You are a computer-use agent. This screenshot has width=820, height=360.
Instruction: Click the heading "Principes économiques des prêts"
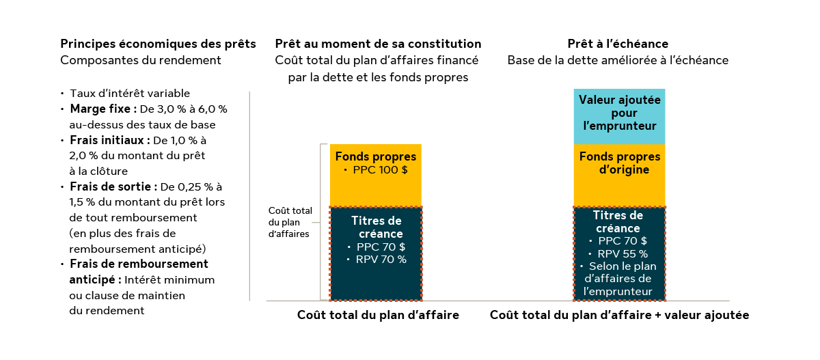coord(159,44)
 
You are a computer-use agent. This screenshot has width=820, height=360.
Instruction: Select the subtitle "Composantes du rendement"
coord(141,60)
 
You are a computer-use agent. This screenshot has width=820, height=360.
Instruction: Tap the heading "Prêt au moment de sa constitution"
coord(378,44)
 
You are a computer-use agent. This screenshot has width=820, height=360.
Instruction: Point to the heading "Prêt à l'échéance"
coord(618,44)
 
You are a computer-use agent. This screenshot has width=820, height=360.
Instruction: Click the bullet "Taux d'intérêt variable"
coord(130,94)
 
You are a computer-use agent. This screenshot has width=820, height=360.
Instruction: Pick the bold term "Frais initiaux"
coord(109,140)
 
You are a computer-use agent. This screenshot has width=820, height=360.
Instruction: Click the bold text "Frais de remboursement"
coord(139,264)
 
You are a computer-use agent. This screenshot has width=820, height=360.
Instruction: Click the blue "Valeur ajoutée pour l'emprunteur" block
coord(619,113)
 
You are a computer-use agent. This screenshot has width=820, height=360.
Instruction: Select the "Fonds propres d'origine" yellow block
coord(619,163)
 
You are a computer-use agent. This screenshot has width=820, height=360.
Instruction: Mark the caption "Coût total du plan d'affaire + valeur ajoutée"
coord(619,316)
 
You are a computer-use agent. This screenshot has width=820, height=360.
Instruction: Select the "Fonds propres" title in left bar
coord(375,156)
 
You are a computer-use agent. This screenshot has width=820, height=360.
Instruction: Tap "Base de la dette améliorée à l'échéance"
coord(618,60)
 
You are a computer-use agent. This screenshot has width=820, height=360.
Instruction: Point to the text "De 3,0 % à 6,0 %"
coord(193,109)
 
